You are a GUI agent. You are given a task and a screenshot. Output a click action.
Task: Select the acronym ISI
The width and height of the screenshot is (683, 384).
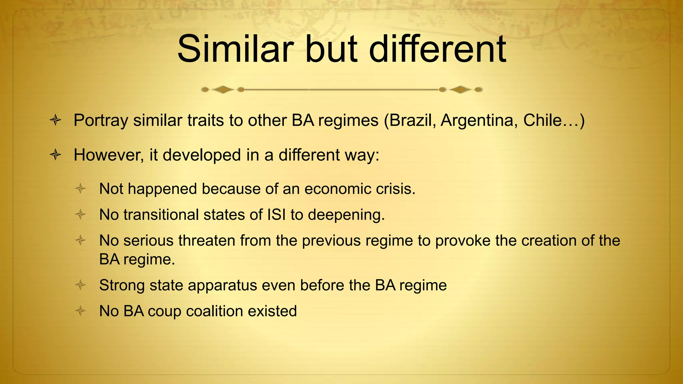276,215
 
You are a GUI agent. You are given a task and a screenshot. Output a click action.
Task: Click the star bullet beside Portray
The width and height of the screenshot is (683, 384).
55,120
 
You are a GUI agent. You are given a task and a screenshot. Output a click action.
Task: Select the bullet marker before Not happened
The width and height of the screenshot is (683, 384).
80,189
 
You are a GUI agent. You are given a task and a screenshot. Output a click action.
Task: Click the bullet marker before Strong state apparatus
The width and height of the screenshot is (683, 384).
80,285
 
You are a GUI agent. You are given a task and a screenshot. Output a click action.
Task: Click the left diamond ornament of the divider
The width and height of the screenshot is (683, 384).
223,89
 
